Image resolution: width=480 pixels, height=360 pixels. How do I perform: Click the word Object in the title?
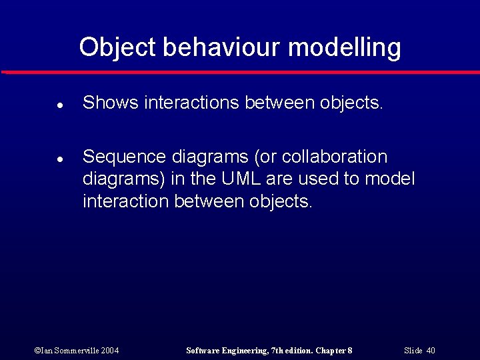tap(117, 47)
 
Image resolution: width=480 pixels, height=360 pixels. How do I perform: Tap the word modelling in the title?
tap(345, 47)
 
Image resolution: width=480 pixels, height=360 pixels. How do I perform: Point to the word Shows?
tap(110, 103)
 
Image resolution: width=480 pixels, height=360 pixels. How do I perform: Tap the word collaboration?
tap(335, 157)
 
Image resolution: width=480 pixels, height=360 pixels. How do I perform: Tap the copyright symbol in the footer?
tap(37, 350)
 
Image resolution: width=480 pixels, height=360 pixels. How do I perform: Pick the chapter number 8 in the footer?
tap(349, 350)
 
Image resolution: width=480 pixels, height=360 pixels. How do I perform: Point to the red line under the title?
tap(240, 72)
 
